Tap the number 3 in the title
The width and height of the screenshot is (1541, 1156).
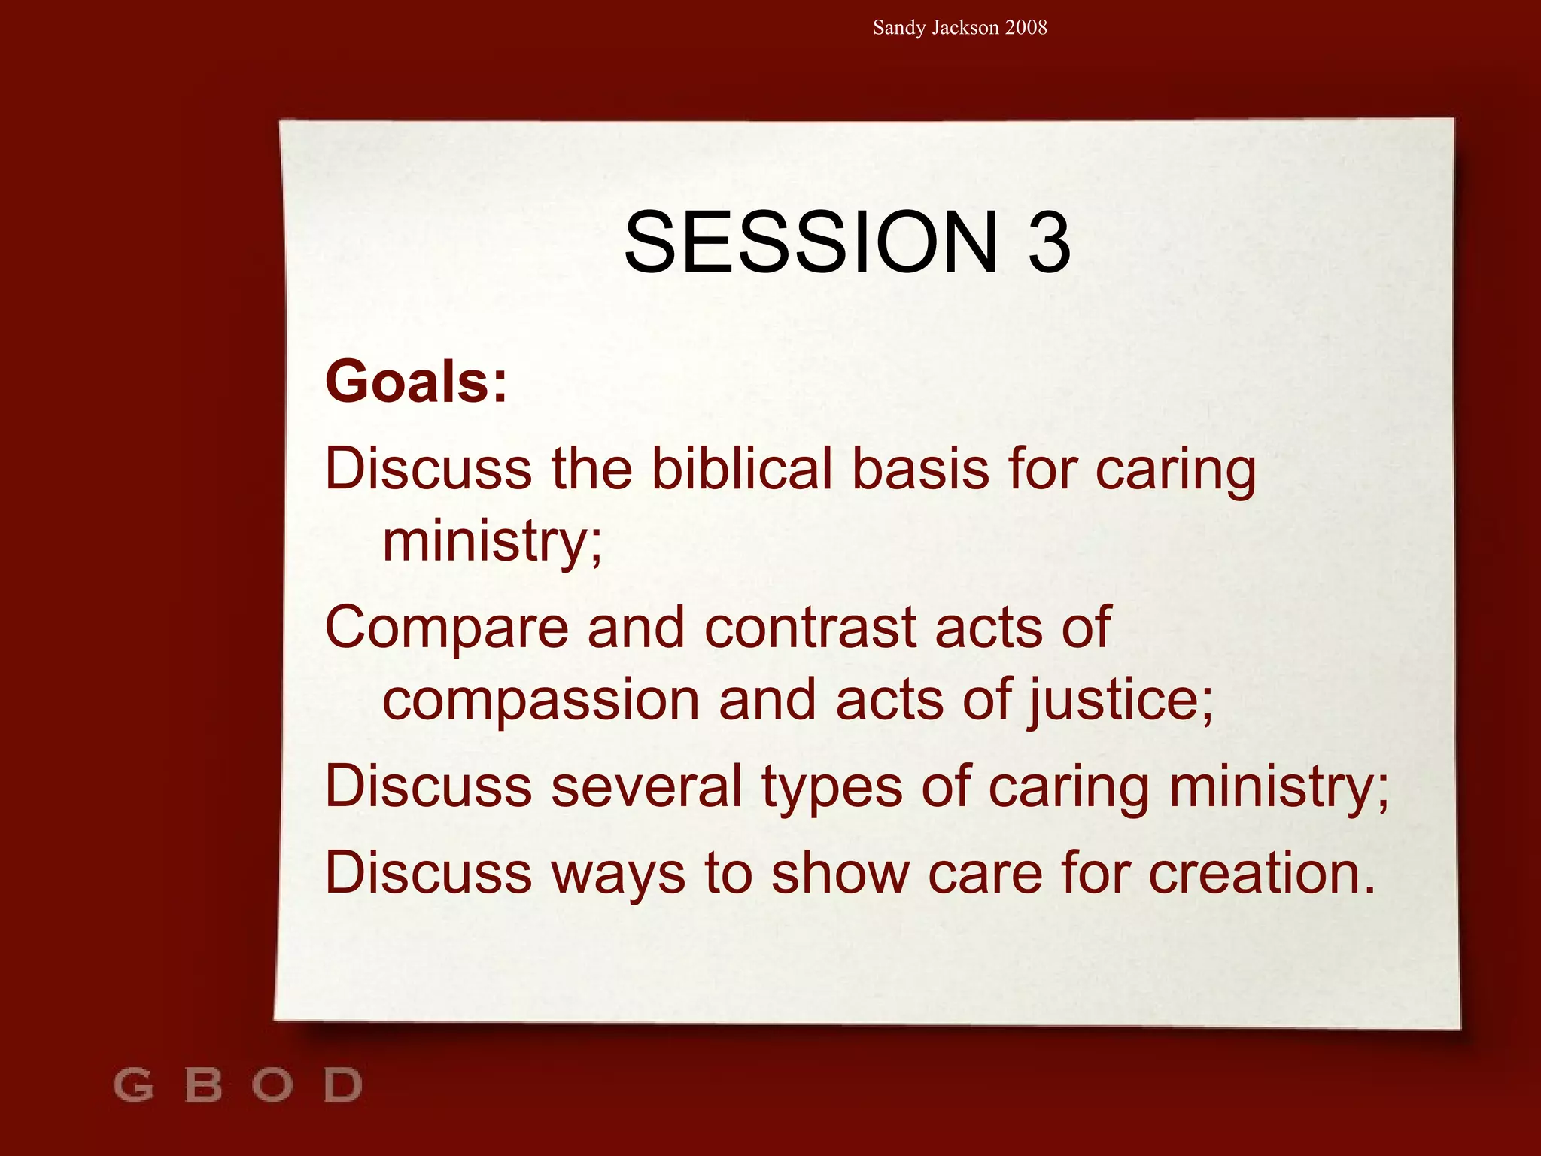[x=1049, y=242]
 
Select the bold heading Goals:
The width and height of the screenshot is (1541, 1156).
[x=416, y=382]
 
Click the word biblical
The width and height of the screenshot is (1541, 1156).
[x=742, y=469]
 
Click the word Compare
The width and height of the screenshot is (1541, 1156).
[x=447, y=628]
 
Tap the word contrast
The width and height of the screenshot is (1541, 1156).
[x=810, y=628]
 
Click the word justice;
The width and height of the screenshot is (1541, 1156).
[x=1121, y=701]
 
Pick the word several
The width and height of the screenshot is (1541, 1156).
[x=647, y=787]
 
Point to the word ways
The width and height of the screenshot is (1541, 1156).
[x=619, y=875]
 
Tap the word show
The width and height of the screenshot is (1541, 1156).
[x=840, y=873]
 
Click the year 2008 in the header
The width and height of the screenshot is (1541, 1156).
[x=1026, y=28]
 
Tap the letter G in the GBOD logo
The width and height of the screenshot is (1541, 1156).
[x=133, y=1085]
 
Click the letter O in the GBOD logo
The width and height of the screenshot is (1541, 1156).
[x=272, y=1085]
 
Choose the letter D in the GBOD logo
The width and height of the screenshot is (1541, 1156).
[x=343, y=1085]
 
